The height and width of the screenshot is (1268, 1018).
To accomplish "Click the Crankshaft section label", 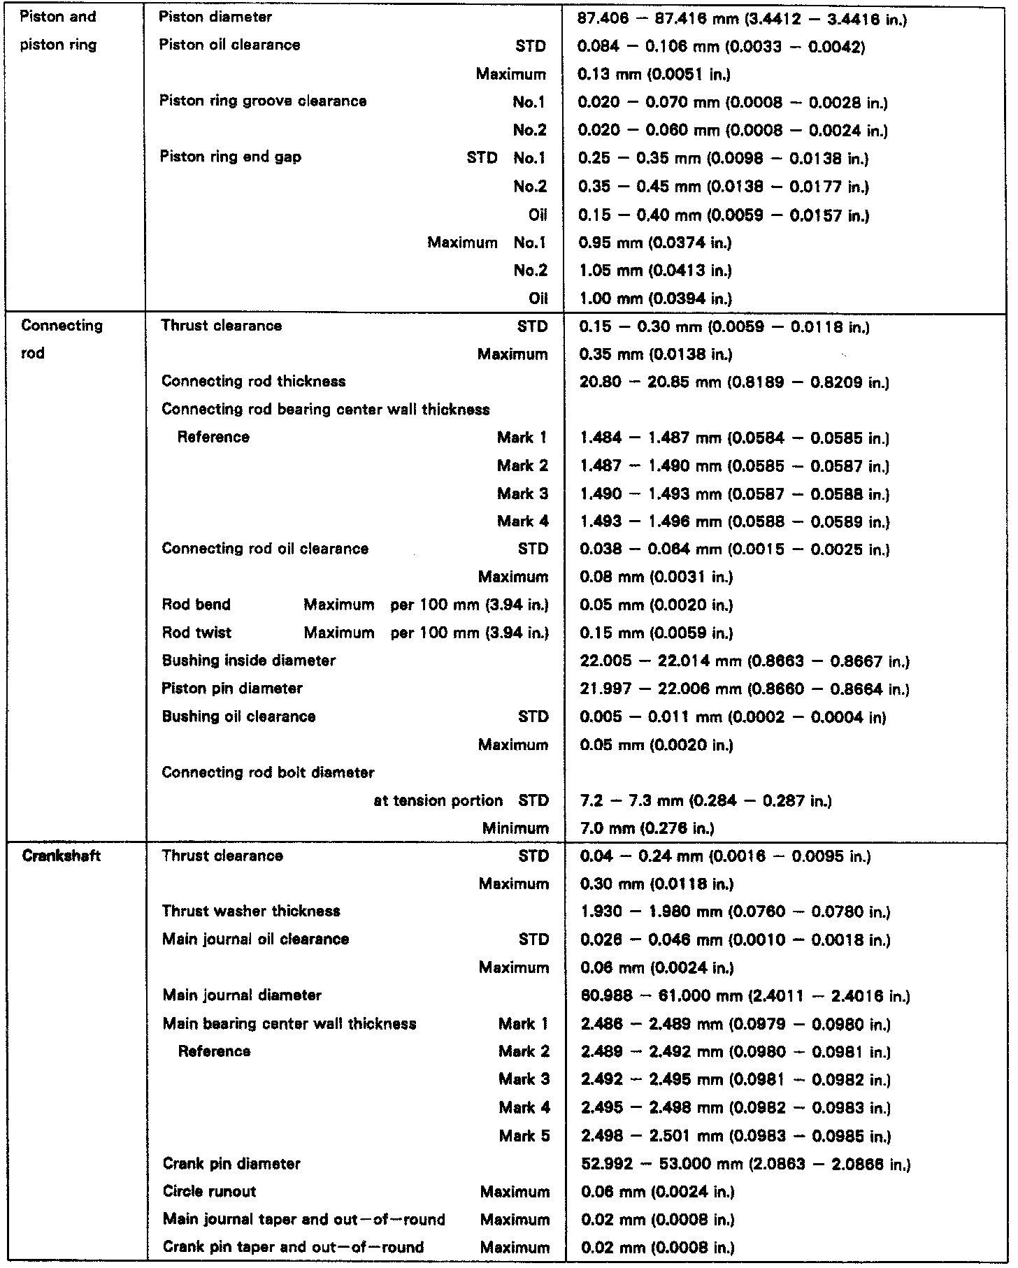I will coord(62,856).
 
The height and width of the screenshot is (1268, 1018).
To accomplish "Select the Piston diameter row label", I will coord(215,17).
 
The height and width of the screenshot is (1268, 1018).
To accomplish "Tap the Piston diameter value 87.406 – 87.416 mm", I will coord(742,19).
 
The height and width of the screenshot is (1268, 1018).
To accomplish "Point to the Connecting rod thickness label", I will coord(253,381).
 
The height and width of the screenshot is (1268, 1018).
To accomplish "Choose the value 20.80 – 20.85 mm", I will coord(734,382).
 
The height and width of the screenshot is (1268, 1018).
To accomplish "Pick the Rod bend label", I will coord(196,605).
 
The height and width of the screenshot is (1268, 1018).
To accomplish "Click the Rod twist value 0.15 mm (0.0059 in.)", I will coord(657,633).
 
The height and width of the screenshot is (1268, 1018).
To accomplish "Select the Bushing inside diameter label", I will coord(248,661).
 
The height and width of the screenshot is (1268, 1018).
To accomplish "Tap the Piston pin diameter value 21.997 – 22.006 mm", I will coord(745,689).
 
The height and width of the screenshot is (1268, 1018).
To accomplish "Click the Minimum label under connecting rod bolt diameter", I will coord(515,828).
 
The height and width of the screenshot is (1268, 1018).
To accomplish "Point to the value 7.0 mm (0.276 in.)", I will coord(647,828).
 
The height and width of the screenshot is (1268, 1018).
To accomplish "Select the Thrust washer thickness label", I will coord(251,911).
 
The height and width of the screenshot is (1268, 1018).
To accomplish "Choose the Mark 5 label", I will coord(524,1136).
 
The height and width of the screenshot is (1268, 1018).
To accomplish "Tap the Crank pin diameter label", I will coord(231,1164).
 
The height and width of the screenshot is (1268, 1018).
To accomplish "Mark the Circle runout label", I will coord(209,1192).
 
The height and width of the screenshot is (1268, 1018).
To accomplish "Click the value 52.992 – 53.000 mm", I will coord(746,1165).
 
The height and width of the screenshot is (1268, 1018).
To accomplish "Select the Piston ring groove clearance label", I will coord(263,101).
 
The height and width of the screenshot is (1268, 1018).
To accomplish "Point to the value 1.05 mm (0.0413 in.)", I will coord(656,271).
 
